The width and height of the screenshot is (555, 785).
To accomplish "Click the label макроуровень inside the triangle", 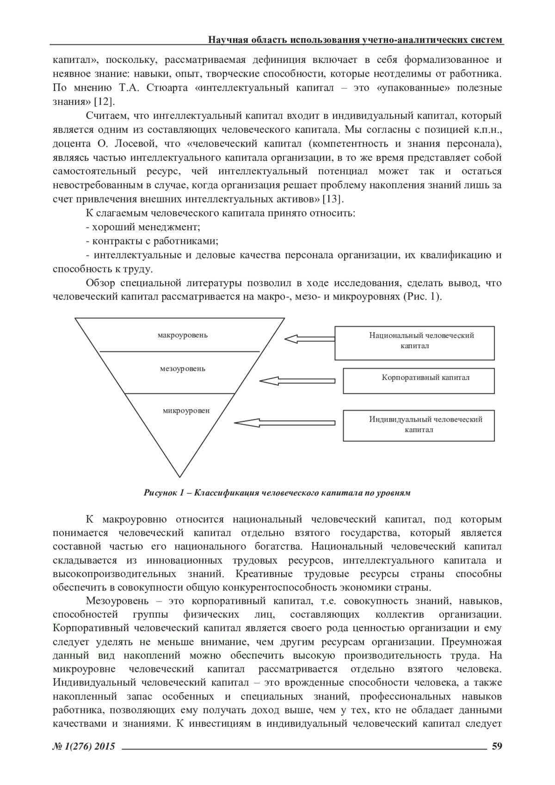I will (x=183, y=335).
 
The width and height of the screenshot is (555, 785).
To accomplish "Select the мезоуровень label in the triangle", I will (x=183, y=369).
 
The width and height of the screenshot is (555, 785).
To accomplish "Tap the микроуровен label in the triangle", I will (x=186, y=411).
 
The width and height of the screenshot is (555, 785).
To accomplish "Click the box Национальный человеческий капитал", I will (x=414, y=343).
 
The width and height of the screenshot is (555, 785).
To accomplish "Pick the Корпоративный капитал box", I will (x=419, y=380).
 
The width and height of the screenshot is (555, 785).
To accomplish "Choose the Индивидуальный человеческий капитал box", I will (x=419, y=425).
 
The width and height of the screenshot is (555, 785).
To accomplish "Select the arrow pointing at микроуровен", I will (x=284, y=423).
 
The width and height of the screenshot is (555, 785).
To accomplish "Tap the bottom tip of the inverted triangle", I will (x=179, y=476).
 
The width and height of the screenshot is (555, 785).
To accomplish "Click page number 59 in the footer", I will (x=497, y=745).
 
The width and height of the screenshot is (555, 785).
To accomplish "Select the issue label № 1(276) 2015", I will (x=84, y=746).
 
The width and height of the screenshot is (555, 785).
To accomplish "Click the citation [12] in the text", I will (x=104, y=102).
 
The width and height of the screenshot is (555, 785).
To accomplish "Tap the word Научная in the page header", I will (x=225, y=40).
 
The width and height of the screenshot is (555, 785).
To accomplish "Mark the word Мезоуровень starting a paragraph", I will (x=117, y=601).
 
